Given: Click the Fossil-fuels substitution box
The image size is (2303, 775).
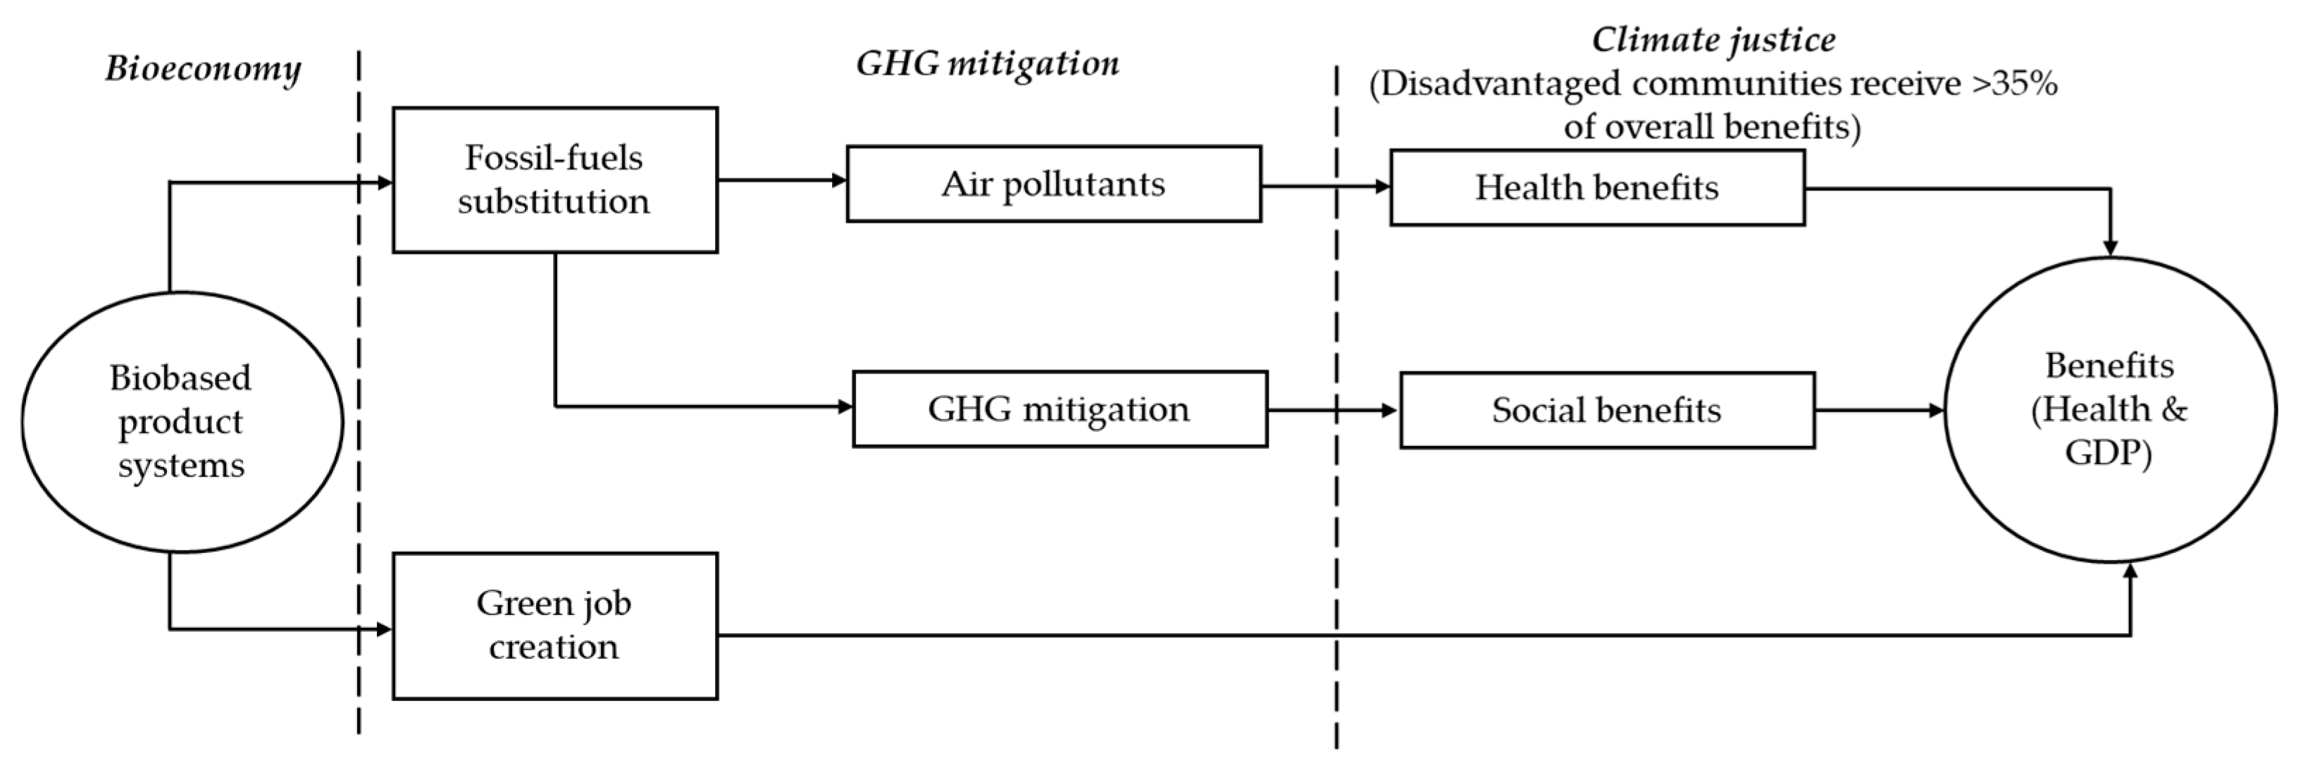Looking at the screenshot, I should [x=554, y=180].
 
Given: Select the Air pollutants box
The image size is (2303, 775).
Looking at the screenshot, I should [x=1053, y=184].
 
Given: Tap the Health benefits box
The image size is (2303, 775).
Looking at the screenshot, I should [x=1596, y=187].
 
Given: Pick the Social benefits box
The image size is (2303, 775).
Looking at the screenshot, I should [x=1606, y=410].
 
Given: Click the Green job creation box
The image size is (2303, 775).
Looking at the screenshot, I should [x=554, y=625].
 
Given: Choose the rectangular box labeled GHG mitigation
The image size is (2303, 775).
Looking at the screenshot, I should [x=1060, y=409].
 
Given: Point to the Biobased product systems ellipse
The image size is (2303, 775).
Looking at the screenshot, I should [x=182, y=421].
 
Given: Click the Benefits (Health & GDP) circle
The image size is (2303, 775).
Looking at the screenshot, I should [x=2109, y=409].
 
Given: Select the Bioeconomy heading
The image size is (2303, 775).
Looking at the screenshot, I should [x=203, y=69].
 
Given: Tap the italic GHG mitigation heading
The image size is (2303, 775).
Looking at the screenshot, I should [x=987, y=63].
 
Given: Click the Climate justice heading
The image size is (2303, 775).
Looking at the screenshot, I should [x=1713, y=40].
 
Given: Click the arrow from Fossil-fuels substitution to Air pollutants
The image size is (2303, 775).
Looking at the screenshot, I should [x=781, y=180].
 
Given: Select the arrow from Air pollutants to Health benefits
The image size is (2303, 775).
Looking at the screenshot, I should [x=1325, y=187].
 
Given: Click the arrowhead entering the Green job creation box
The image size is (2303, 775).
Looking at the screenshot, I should [x=385, y=629].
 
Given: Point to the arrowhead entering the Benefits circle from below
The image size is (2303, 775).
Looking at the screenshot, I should [x=2130, y=572].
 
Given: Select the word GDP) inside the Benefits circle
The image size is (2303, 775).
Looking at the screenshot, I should [x=2108, y=453].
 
